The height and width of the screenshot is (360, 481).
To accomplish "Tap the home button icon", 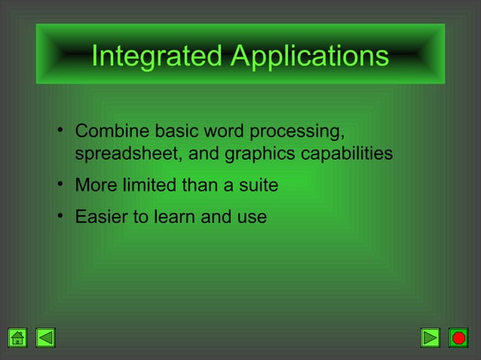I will coord(18,337).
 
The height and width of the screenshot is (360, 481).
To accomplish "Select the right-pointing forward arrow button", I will coord(430,337).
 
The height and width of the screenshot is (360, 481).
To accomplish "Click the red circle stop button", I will coord(458,337).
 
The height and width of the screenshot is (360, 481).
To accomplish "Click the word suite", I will coord(259,185).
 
